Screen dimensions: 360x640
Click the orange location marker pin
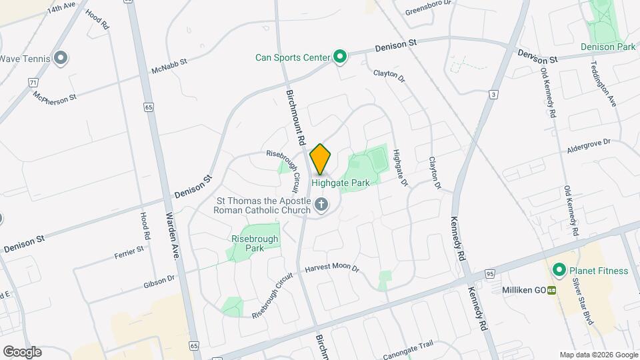(321, 159)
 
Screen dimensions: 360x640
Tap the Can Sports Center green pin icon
(339, 57)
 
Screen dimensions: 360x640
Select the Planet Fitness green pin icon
(559, 271)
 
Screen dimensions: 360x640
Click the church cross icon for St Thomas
(321, 205)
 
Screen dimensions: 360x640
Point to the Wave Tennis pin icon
(61, 59)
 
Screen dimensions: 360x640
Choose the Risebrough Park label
(253, 243)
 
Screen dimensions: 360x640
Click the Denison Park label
(607, 47)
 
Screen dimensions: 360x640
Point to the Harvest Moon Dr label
(332, 268)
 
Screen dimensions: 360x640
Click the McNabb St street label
(170, 65)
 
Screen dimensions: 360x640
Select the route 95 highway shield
(490, 273)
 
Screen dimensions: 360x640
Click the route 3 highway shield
(493, 95)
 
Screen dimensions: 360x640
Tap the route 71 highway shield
(33, 82)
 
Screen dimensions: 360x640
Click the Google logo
(22, 351)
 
